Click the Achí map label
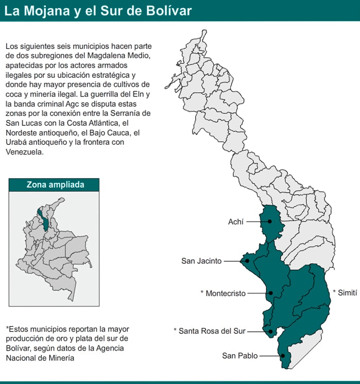click(x=236, y=222)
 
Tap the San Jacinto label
click(x=201, y=261)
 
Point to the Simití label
click(x=347, y=292)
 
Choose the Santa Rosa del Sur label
click(x=212, y=331)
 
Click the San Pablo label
click(x=239, y=356)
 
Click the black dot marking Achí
click(x=269, y=222)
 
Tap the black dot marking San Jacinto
click(x=247, y=261)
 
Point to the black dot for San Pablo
click(x=283, y=356)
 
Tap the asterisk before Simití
click(x=334, y=292)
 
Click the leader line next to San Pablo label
click(x=270, y=356)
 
